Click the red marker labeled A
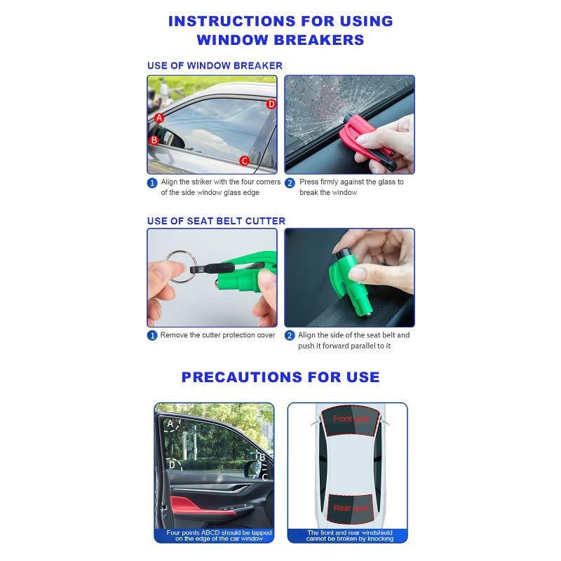pyautogui.click(x=159, y=118)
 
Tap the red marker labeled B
pyautogui.click(x=154, y=140)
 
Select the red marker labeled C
pyautogui.click(x=244, y=161)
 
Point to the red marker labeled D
pyautogui.click(x=271, y=104)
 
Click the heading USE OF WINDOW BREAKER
pyautogui.click(x=215, y=65)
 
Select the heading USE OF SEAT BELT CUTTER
pyautogui.click(x=216, y=221)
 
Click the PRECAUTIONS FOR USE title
pyautogui.click(x=280, y=377)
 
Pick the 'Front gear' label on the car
pyautogui.click(x=351, y=419)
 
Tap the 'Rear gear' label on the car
pyautogui.click(x=351, y=508)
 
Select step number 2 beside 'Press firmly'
pyautogui.click(x=290, y=182)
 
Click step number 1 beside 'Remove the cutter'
pyautogui.click(x=152, y=336)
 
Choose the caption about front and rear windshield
pyautogui.click(x=350, y=536)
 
